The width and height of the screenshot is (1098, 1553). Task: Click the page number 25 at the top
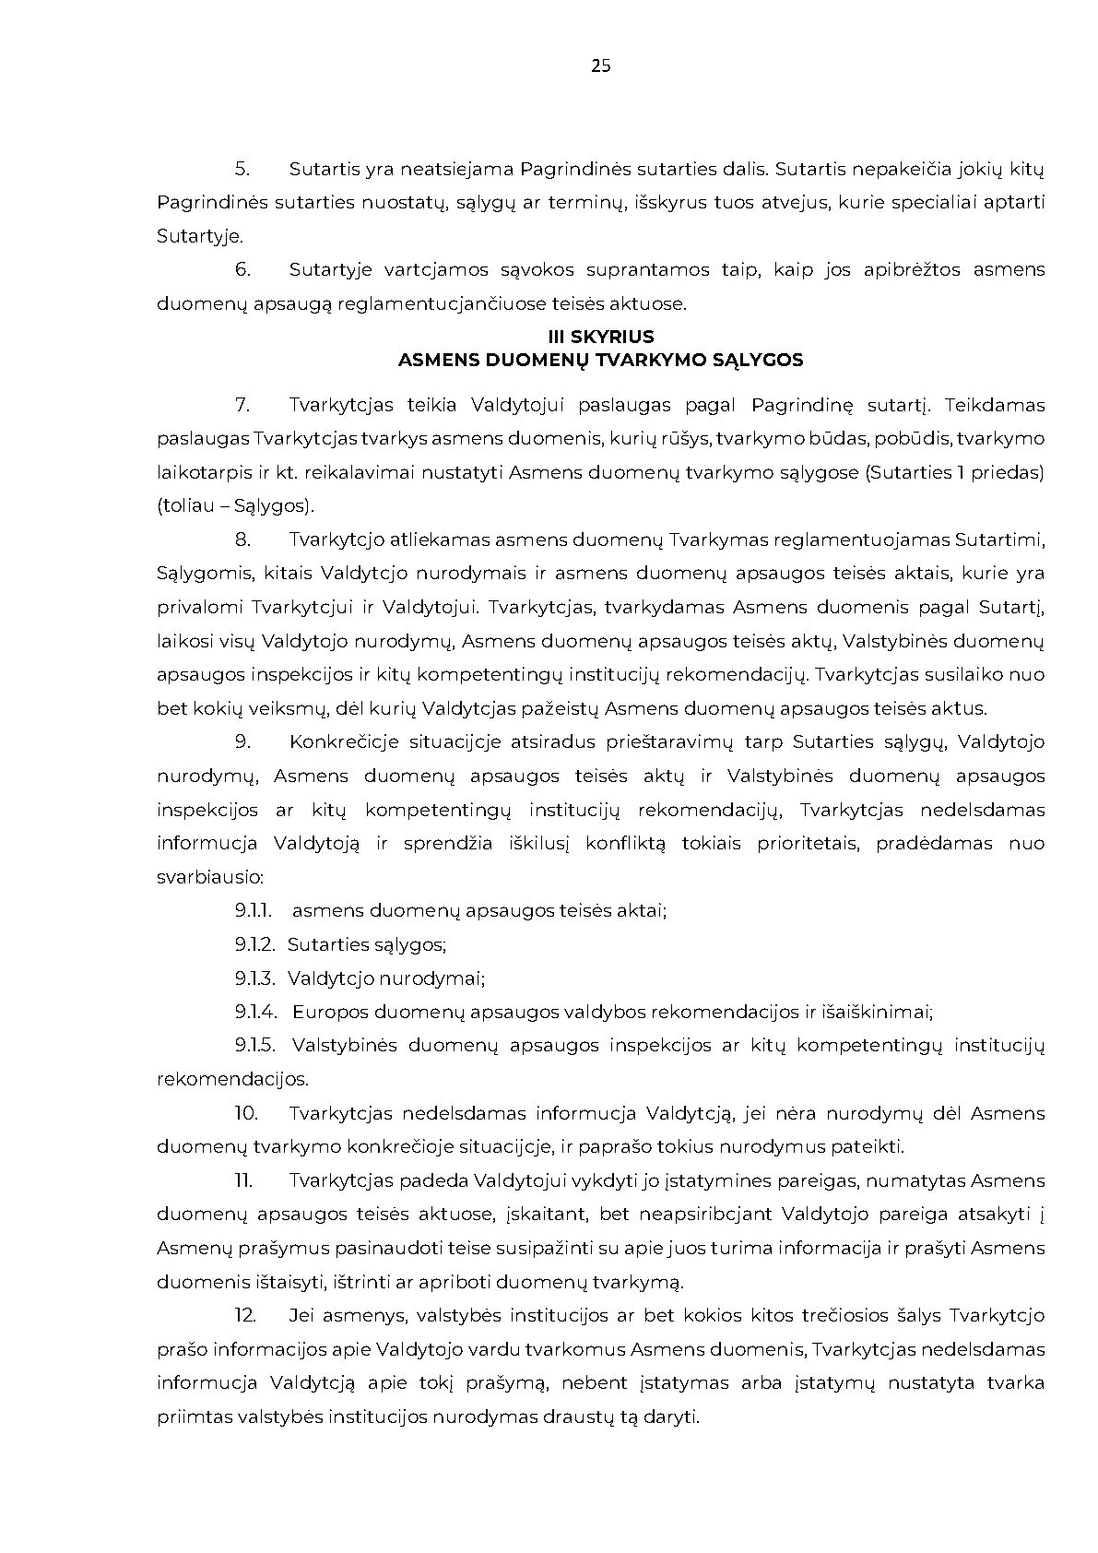[x=600, y=65]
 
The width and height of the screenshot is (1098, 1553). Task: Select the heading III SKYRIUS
[x=600, y=338]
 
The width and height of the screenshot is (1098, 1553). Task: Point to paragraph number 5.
[x=242, y=169]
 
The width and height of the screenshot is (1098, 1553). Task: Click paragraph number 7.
[x=242, y=405]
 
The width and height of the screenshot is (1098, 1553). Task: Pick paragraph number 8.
[x=242, y=539]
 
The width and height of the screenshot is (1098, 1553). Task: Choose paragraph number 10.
[x=245, y=1113]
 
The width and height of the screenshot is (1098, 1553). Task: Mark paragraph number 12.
[x=245, y=1315]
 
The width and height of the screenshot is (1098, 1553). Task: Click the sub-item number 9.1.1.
[x=253, y=911]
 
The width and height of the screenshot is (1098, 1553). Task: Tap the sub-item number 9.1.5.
[x=254, y=1046]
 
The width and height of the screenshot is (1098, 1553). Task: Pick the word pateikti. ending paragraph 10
[x=875, y=1147]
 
